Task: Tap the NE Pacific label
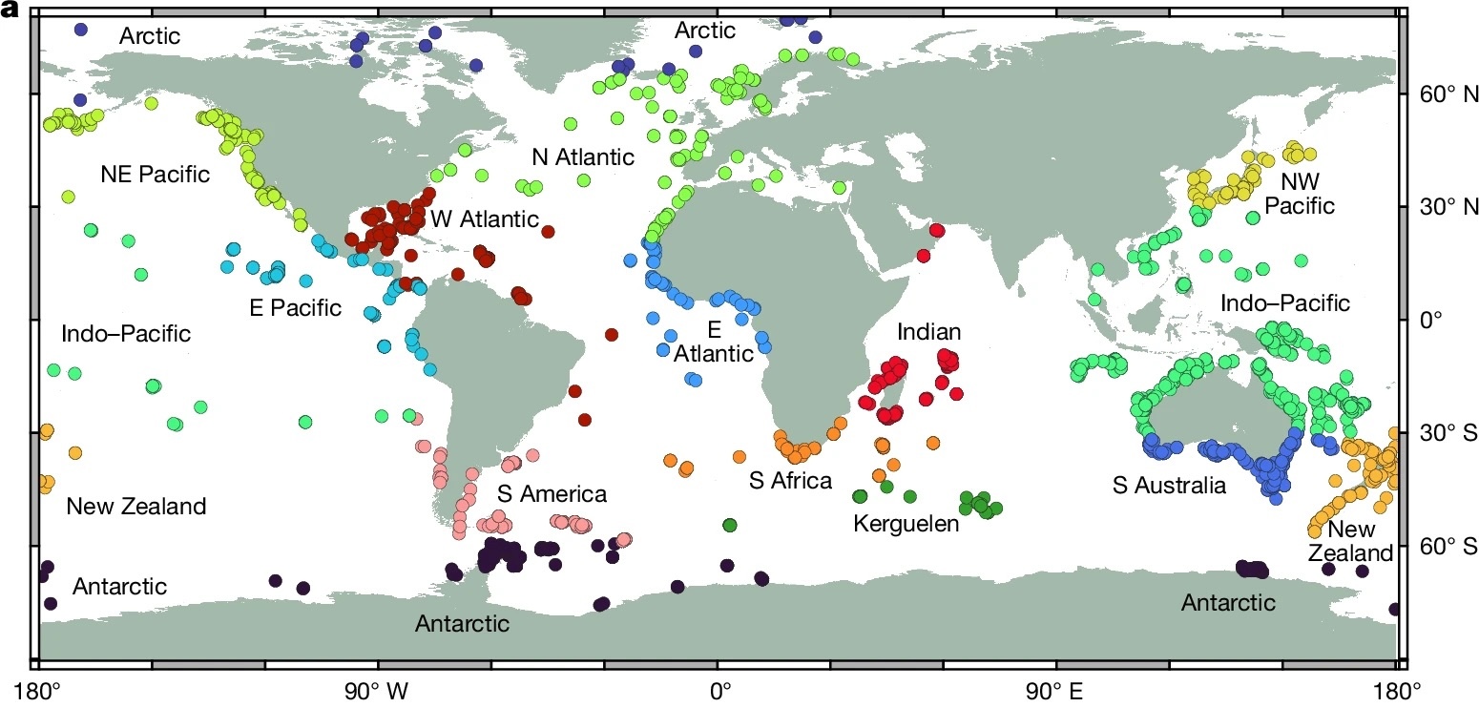tap(155, 175)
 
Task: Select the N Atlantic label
tap(583, 156)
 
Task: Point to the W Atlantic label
tap(485, 219)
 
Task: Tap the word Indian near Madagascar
tap(928, 332)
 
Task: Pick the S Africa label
tap(790, 481)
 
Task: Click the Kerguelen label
tap(906, 524)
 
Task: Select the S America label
tap(552, 494)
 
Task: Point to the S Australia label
tap(1169, 486)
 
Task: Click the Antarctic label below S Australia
tap(1228, 603)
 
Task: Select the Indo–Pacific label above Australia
tap(1286, 303)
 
